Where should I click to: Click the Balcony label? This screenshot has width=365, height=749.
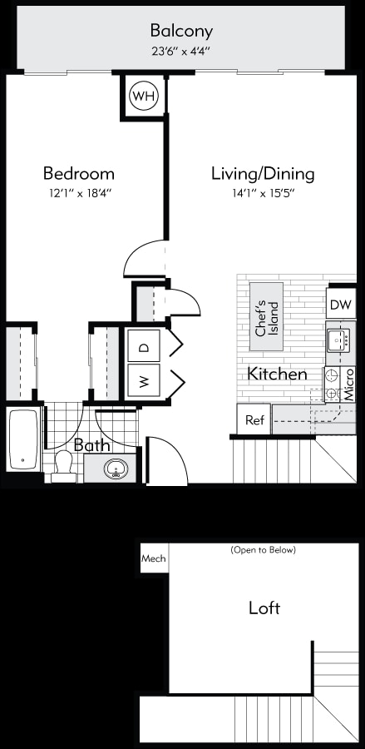tap(181, 32)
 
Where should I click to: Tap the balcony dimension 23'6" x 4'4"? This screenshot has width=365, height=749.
tap(181, 50)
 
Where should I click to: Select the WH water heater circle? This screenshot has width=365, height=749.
tap(143, 97)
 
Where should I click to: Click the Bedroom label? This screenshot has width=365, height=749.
tap(79, 174)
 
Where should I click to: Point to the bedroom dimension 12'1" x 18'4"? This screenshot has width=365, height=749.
tap(79, 193)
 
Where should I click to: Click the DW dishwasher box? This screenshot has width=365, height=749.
tap(341, 305)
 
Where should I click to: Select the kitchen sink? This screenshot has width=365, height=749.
tap(338, 340)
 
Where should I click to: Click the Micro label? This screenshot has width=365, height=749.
tap(349, 384)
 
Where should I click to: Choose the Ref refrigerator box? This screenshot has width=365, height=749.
tap(254, 420)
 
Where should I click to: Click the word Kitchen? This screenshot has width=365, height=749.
tap(277, 374)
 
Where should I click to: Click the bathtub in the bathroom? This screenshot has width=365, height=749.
tap(23, 439)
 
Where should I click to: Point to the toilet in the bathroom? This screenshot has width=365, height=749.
tap(62, 466)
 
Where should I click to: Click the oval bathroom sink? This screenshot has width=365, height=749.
tap(116, 469)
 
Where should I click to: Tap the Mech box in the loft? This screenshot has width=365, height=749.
tap(152, 558)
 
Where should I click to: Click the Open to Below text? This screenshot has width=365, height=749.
tap(263, 550)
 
